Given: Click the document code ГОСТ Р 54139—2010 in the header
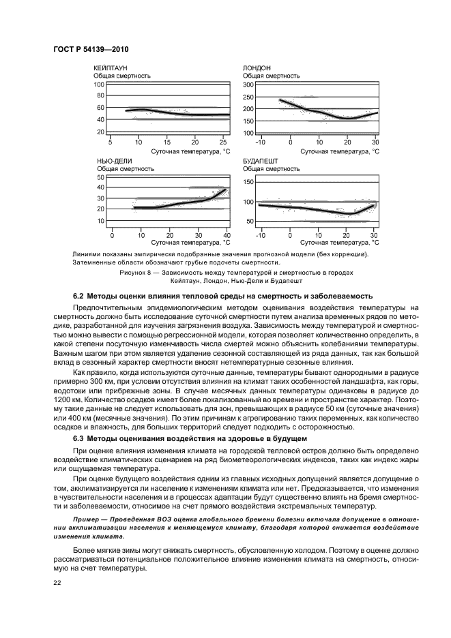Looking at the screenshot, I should pos(91,50).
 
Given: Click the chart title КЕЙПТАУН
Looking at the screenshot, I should pos(111,68).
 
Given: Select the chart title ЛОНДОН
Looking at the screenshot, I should pos(257,68).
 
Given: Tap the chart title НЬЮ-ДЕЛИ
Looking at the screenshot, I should pos(113,161).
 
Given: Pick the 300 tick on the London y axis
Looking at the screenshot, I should pos(248,85).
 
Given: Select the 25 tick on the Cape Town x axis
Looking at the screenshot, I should pos(223,142).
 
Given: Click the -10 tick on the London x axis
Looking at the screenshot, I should pos(260,142).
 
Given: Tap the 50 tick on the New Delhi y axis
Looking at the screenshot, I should pos(101,177).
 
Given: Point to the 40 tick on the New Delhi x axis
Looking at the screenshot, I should pos(227,234).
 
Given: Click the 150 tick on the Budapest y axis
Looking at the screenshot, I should pos(248,182).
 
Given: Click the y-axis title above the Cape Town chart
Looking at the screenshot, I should pos(122,76).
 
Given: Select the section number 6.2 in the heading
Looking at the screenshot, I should pos(80,297).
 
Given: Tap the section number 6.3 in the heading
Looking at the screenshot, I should pos(80,436).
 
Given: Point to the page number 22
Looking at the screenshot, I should pos(58,581).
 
